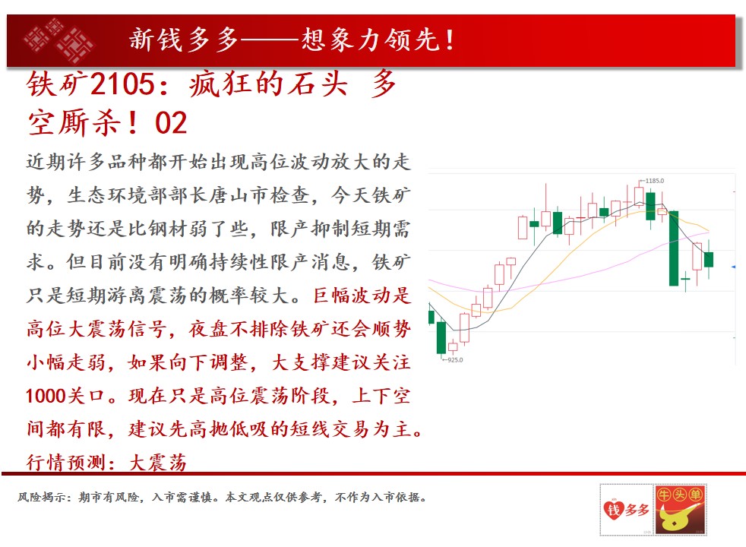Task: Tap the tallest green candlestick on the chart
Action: tap(674, 248)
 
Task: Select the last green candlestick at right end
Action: tap(709, 260)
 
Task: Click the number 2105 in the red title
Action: tap(122, 84)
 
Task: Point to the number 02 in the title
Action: tap(171, 123)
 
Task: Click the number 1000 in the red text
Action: tap(45, 396)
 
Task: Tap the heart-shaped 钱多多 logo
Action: tap(626, 510)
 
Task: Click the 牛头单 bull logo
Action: tap(681, 510)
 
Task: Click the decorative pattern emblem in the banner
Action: tap(58, 40)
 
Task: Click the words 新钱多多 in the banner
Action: tap(184, 40)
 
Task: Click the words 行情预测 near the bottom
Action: tap(66, 463)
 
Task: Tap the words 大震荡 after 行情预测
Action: tap(157, 463)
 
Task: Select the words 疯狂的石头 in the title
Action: tap(268, 84)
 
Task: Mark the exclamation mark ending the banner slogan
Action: tap(449, 40)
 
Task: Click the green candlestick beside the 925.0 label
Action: tap(441, 338)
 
